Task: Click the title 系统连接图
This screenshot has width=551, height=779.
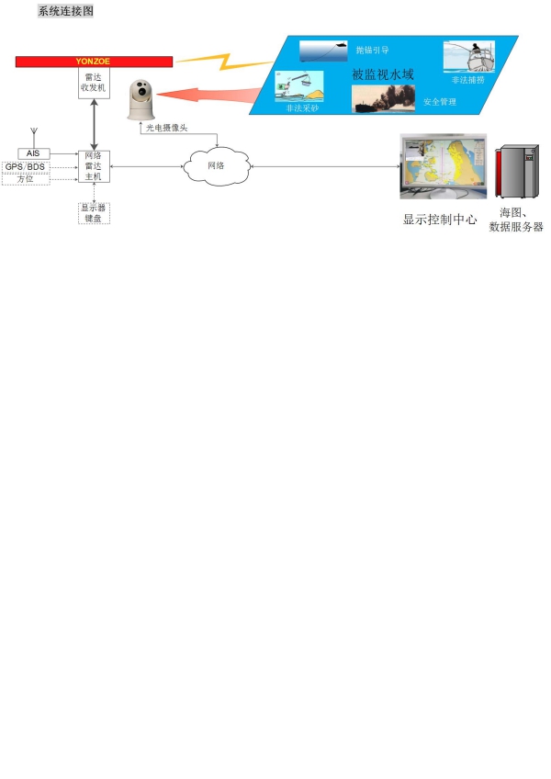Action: pyautogui.click(x=65, y=12)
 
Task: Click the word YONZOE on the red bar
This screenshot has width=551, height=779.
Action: pyautogui.click(x=92, y=62)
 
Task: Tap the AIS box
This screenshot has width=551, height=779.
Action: pyautogui.click(x=33, y=152)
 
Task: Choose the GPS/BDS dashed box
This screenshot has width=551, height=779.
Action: pyautogui.click(x=25, y=166)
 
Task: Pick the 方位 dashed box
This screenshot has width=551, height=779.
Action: pyautogui.click(x=25, y=179)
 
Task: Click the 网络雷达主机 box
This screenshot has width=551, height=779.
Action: pyautogui.click(x=94, y=165)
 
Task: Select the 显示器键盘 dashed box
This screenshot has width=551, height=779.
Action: pyautogui.click(x=94, y=213)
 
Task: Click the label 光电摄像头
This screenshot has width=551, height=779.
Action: pyautogui.click(x=166, y=128)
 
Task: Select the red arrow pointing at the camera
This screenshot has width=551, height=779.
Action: pyautogui.click(x=207, y=95)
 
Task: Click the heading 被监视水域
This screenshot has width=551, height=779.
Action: pyautogui.click(x=383, y=73)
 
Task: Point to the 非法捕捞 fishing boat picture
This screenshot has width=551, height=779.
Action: pyautogui.click(x=467, y=57)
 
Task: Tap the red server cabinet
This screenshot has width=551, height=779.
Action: pyautogui.click(x=515, y=173)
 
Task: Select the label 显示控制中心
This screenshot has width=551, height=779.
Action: pyautogui.click(x=440, y=220)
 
